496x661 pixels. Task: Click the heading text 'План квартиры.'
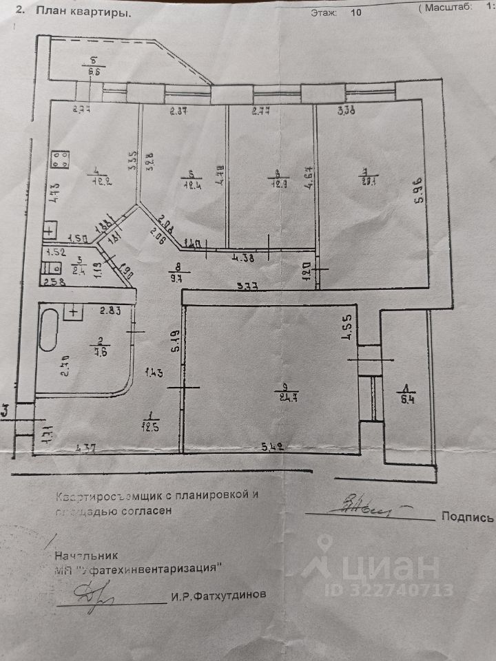81,11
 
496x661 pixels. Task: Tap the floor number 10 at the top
355,12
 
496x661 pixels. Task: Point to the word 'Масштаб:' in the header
448,8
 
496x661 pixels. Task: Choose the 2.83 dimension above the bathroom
110,311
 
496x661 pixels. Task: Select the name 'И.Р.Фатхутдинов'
218,596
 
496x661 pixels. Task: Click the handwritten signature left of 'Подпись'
362,508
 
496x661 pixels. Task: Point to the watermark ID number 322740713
400,590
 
